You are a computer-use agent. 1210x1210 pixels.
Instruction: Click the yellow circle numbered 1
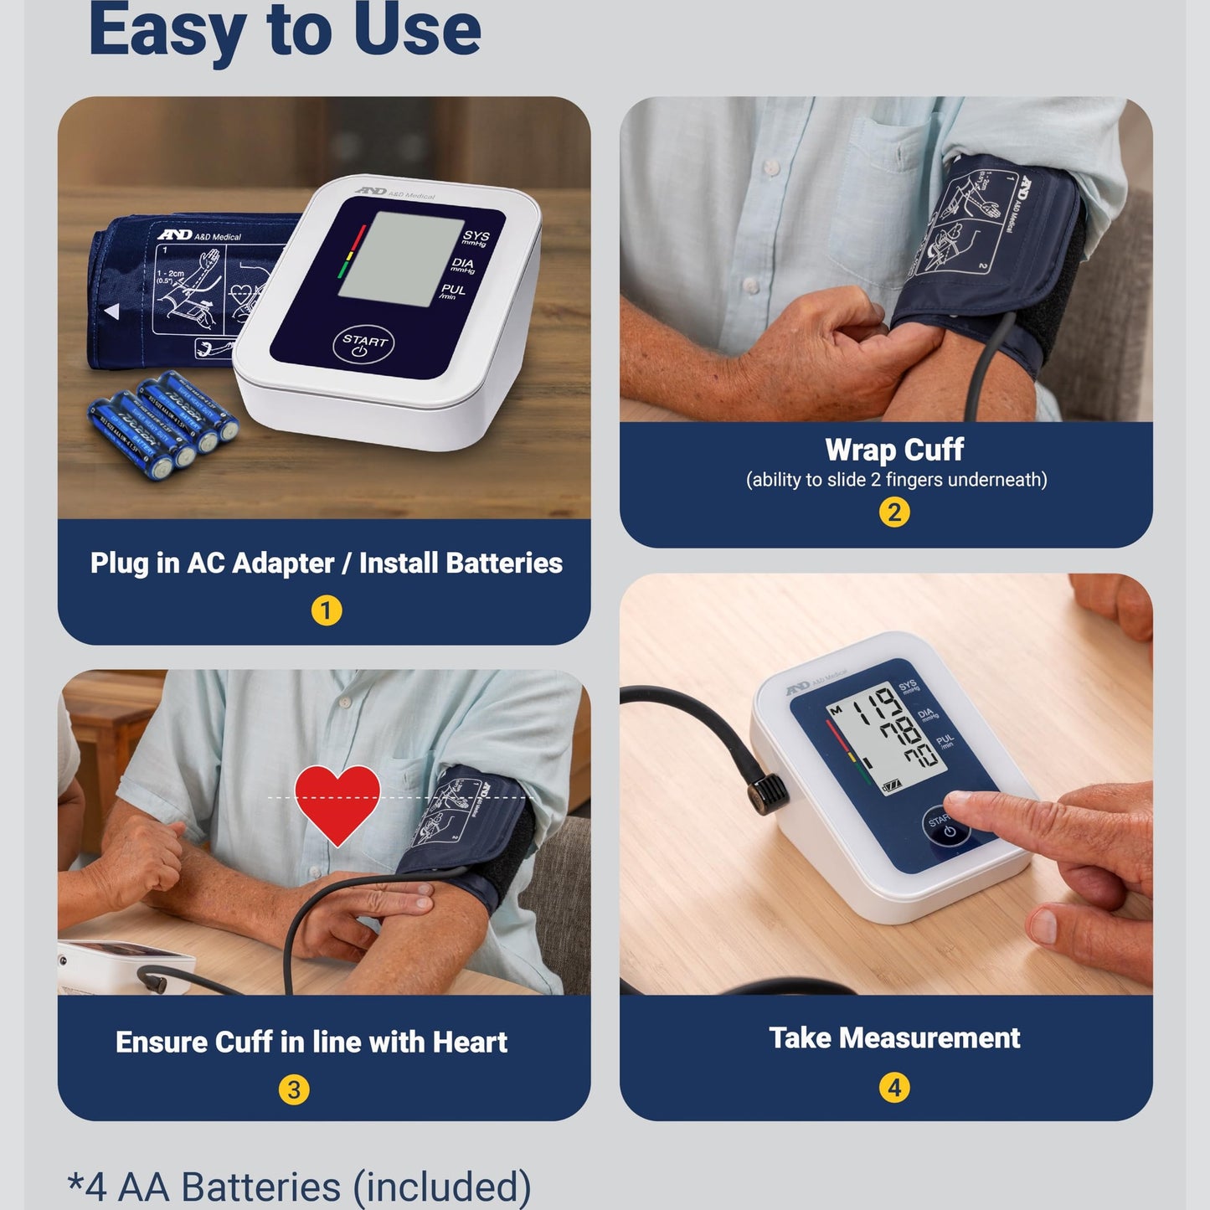326,610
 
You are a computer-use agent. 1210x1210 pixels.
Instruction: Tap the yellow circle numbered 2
893,512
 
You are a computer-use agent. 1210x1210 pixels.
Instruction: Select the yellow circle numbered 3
294,1089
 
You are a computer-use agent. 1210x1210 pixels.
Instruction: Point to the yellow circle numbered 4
893,1088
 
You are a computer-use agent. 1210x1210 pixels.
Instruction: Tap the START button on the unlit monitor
363,343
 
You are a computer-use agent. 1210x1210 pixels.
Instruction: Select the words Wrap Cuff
893,450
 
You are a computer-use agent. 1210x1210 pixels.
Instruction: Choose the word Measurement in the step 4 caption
929,1038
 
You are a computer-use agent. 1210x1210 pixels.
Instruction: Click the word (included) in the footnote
441,1187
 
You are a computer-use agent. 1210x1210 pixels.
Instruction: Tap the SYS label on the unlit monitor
476,237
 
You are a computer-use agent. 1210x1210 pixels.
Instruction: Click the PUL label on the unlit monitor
452,291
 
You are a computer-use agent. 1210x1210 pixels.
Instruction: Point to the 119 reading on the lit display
872,706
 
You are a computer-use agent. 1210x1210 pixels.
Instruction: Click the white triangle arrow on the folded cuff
112,312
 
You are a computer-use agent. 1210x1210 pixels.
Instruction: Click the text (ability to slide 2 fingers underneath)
896,480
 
